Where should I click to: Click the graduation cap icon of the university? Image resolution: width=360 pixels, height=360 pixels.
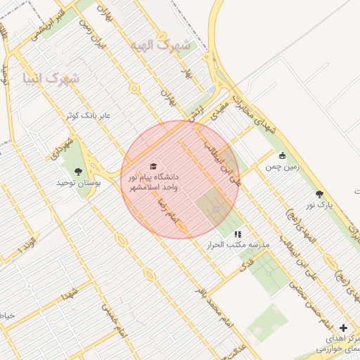[153, 165]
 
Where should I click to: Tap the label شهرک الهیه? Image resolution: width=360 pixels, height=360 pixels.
[160, 45]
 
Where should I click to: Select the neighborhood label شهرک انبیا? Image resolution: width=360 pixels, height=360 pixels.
[51, 78]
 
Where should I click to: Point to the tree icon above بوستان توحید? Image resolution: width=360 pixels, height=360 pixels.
[78, 171]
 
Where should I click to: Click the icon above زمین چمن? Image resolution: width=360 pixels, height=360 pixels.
[282, 156]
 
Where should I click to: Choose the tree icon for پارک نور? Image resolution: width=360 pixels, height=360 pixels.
[320, 194]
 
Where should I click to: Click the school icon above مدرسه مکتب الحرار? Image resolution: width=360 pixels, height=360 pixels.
[238, 234]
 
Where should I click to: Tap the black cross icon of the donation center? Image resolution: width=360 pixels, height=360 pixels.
[343, 328]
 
